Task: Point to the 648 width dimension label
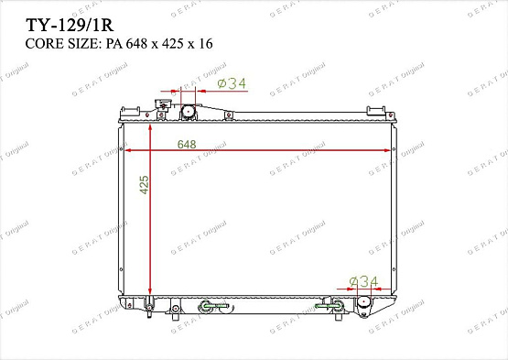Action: pos(187,144)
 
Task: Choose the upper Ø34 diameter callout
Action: pos(232,84)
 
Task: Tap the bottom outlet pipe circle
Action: pos(364,302)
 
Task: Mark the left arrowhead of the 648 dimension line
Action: pos(128,150)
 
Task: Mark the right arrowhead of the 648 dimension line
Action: pos(386,150)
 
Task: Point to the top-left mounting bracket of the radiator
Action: pos(127,113)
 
